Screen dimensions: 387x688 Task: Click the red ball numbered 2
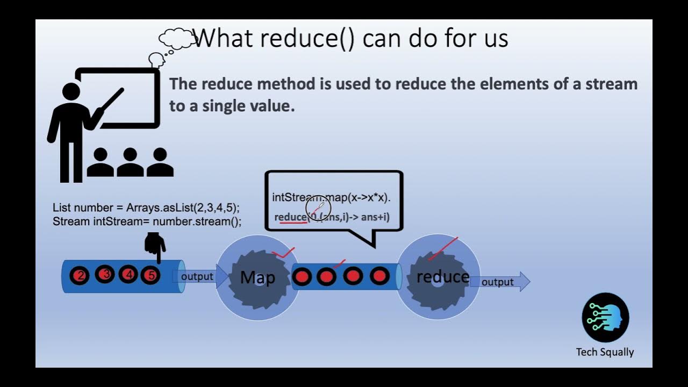tap(80, 276)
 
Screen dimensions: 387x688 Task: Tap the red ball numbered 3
tap(105, 275)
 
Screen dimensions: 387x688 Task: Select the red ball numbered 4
tap(128, 275)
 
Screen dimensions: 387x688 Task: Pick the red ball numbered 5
tap(151, 276)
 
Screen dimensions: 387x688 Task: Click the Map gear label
tap(257, 277)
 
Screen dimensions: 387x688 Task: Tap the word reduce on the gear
tap(442, 277)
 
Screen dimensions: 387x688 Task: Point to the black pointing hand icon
tap(155, 246)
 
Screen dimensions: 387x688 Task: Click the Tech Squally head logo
tap(605, 317)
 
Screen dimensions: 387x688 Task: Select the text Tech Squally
tap(605, 352)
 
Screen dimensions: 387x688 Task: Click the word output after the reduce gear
tap(497, 282)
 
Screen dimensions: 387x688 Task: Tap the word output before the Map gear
tap(197, 276)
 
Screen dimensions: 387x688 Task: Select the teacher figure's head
tap(71, 91)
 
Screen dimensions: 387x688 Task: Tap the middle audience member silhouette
tap(130, 162)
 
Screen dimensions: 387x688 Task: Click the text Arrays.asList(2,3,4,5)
tap(183, 207)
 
